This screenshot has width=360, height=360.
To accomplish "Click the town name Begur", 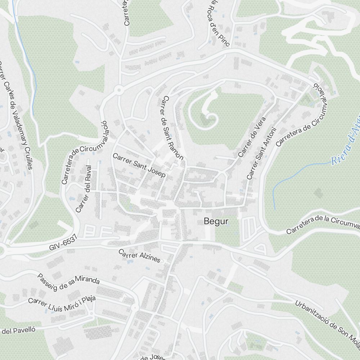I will (216, 221).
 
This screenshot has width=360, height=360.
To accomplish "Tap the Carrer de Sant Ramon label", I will (173, 128).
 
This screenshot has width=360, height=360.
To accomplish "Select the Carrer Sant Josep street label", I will (139, 165).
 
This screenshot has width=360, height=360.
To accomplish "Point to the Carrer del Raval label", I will (84, 189).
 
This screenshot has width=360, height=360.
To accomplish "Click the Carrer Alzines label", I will (140, 256).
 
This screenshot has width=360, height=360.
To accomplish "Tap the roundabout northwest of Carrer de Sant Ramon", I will (119, 89).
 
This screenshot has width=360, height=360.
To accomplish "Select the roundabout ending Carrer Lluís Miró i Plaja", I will (135, 307).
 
